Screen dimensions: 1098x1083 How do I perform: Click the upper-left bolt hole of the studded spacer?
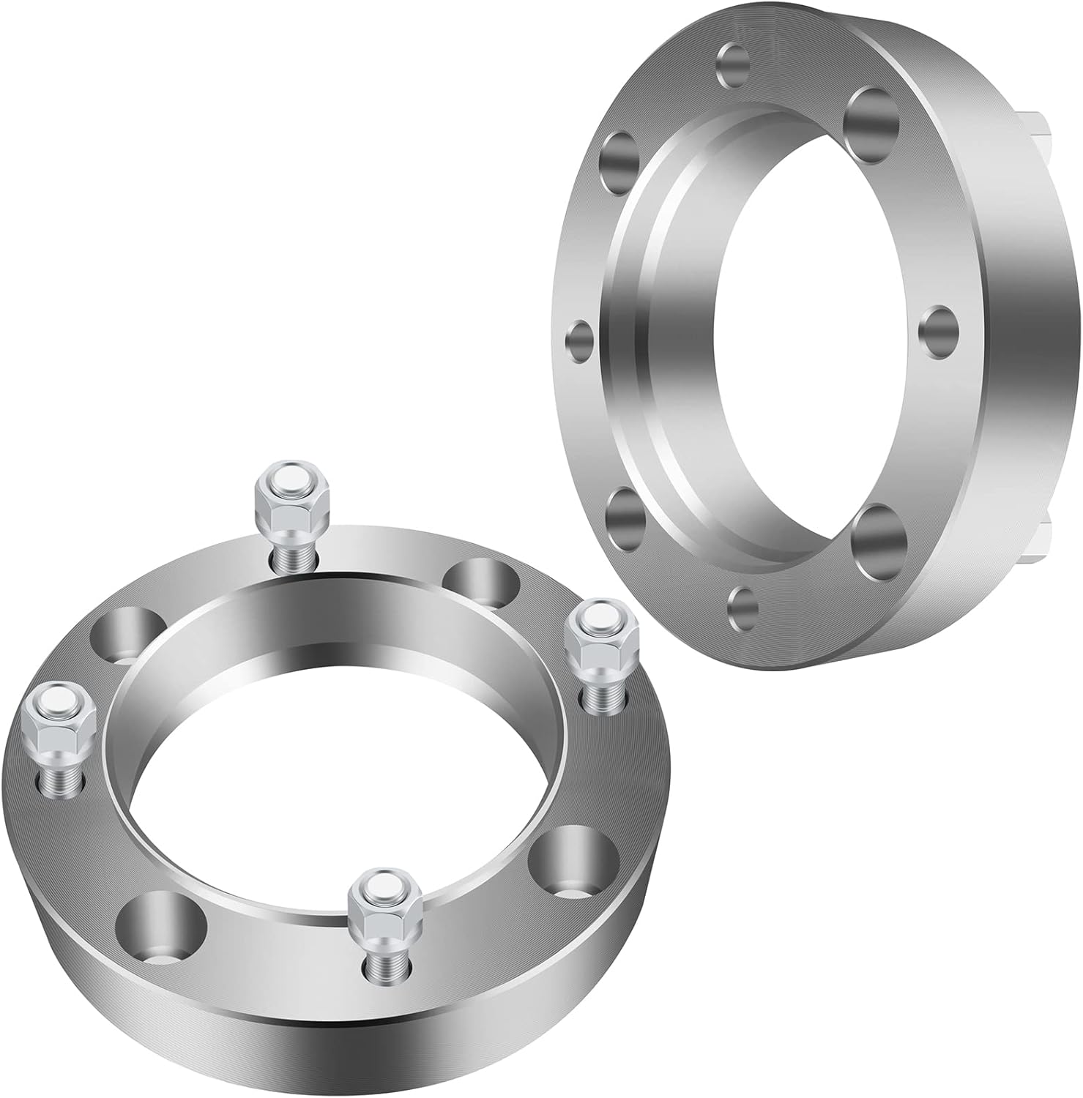point(127,632)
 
